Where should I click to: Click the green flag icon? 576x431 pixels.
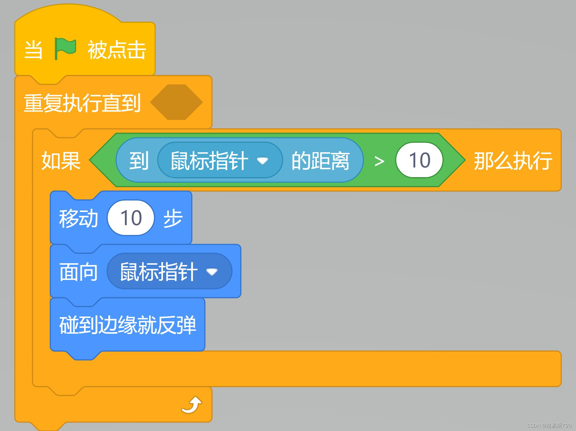point(65,49)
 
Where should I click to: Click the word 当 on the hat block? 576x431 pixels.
point(33,50)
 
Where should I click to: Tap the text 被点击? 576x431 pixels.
point(116,50)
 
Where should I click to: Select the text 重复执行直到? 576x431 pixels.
point(82,103)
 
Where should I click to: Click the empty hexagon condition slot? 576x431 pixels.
point(176,102)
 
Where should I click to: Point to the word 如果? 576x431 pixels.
point(61,160)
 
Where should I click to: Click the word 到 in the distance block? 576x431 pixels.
point(139,160)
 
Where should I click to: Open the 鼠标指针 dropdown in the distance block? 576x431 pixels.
point(220,160)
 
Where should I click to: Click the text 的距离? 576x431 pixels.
point(320,160)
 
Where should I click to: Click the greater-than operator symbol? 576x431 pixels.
point(379,161)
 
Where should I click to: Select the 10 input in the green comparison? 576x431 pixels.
point(419,160)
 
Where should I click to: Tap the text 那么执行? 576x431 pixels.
point(513,160)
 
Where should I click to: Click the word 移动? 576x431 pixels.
point(78,218)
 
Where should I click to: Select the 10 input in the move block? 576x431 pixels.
point(131,218)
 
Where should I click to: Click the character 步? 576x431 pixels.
point(173,218)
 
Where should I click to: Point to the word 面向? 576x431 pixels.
point(78,272)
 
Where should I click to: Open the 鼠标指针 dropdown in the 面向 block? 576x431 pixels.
point(169,271)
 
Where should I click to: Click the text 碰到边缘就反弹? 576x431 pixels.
point(128,325)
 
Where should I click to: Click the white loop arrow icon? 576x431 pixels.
point(192,405)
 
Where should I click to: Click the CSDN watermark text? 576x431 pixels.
point(548,425)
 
